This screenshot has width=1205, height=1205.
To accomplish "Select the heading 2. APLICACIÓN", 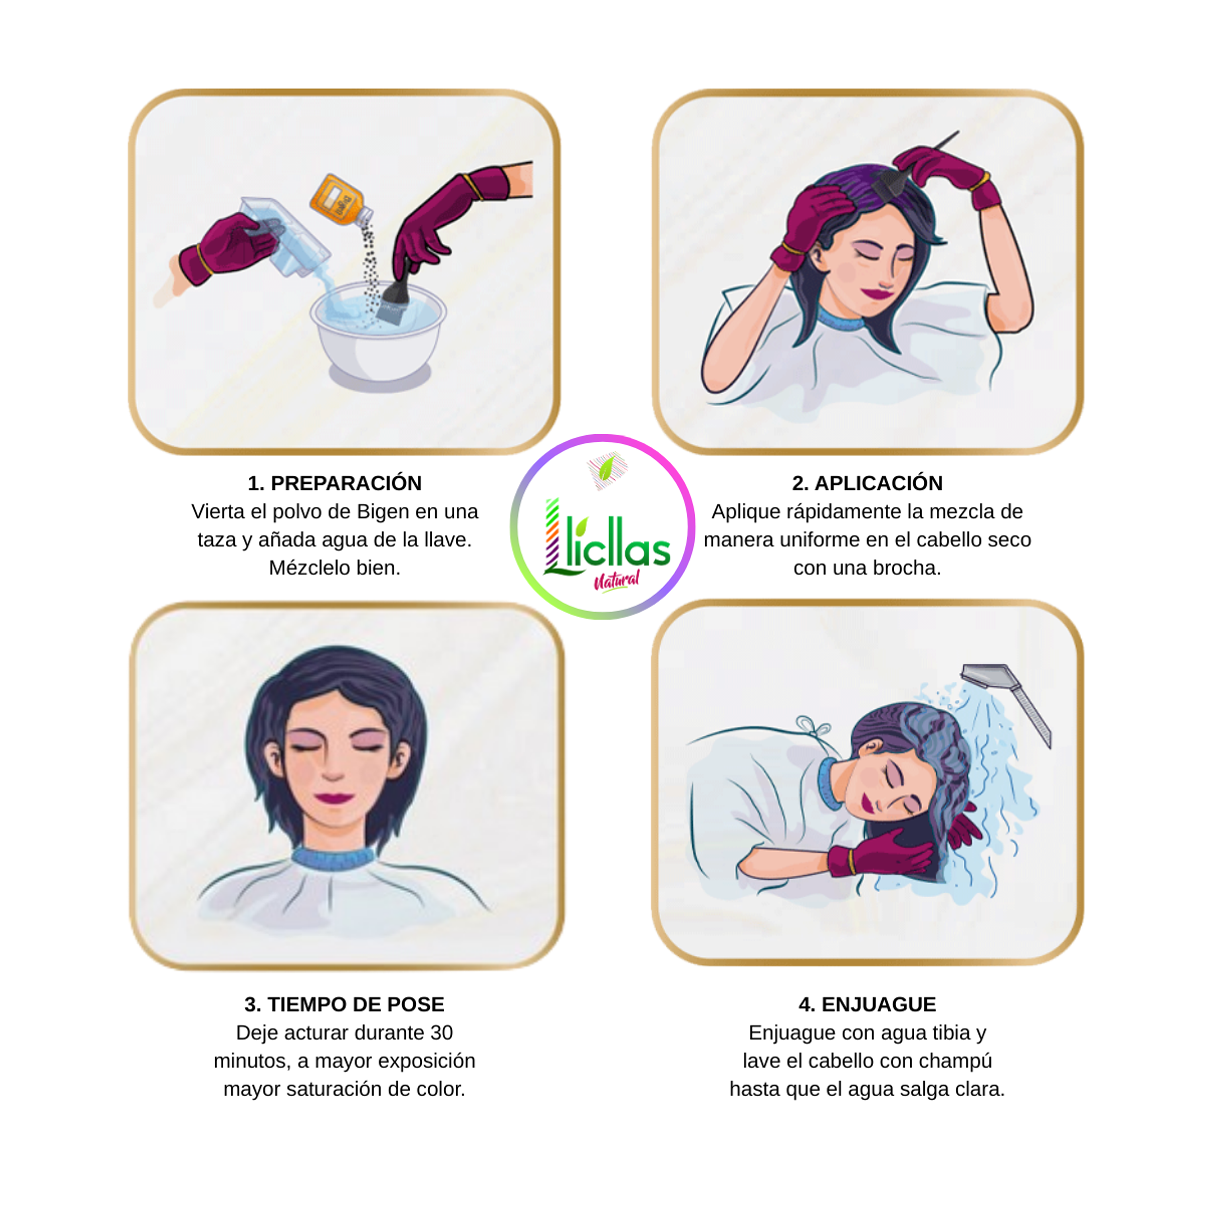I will [867, 483].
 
